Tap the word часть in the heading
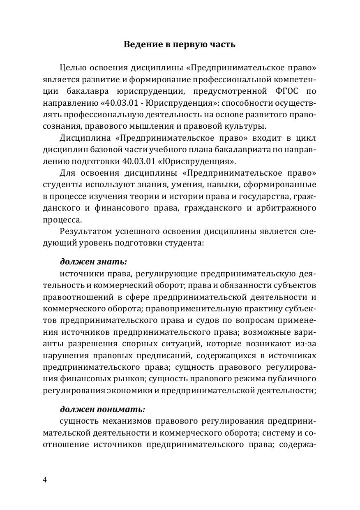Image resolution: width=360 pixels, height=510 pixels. pos(222,44)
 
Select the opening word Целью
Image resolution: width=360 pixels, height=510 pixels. pos(72,67)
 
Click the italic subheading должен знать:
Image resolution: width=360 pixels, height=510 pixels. pos(93,262)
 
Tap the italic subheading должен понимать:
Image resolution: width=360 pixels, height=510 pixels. pos(102,409)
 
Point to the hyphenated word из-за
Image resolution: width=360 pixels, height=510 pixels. pos(308,343)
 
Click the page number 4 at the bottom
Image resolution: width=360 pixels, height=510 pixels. pos(45,480)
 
